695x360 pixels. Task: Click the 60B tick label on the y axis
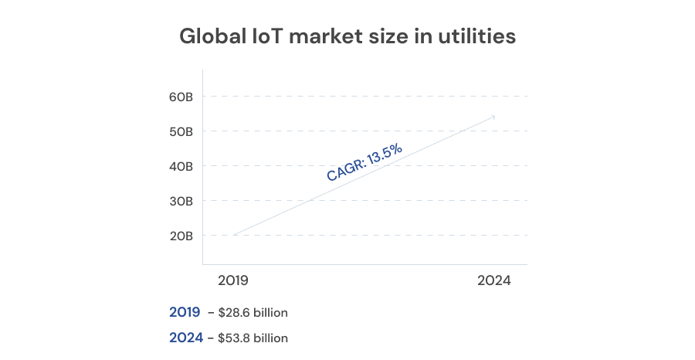181,97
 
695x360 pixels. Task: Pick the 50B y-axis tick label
181,131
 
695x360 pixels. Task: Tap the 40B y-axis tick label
181,166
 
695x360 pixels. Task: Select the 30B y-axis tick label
181,201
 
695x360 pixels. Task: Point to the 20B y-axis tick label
181,236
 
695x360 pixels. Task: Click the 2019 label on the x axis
234,281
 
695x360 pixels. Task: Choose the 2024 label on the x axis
494,281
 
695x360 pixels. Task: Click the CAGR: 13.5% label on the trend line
364,163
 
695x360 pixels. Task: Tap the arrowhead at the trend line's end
493,117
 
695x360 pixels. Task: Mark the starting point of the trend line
233,235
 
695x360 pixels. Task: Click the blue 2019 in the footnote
185,313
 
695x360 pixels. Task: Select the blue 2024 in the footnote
186,338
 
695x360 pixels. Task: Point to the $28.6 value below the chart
232,313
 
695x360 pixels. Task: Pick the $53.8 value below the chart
233,338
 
